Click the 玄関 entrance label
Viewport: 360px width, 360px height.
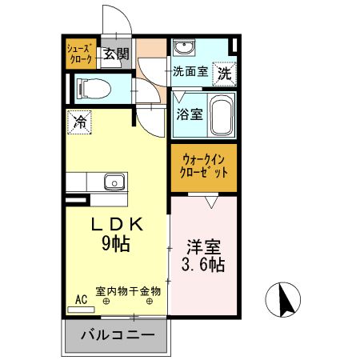pos(117,54)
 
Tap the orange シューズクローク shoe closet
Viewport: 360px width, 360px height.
pos(80,54)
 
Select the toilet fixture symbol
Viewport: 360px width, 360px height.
pos(92,86)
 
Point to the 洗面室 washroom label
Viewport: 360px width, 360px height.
pos(190,70)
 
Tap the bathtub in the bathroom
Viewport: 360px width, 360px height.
pos(222,115)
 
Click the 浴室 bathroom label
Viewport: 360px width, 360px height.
pos(189,114)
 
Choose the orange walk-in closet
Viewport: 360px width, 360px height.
pos(204,166)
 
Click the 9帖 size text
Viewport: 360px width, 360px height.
pos(116,245)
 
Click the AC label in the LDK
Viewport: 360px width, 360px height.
pos(80,299)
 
